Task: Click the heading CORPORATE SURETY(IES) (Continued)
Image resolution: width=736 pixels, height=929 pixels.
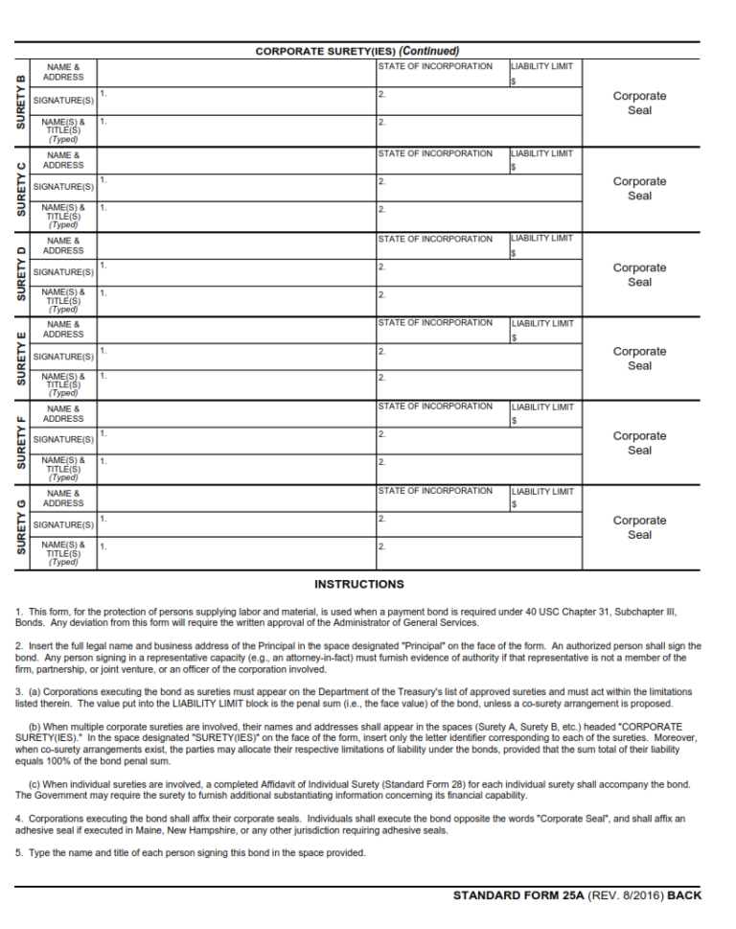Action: [356, 51]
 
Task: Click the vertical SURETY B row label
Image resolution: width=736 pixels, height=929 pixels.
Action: [21, 103]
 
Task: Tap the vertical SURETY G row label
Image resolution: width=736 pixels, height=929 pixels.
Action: [21, 527]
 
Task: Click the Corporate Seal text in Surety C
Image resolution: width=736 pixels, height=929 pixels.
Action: [639, 188]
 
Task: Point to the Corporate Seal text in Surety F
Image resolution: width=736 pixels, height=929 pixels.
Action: [639, 443]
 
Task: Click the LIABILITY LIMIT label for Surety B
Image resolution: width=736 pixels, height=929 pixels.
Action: [542, 67]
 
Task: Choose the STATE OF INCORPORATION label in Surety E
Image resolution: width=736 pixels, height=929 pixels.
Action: [435, 323]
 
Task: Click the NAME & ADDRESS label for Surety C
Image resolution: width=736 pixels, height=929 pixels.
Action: [63, 160]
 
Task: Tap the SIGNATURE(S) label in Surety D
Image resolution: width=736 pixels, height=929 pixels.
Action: [63, 272]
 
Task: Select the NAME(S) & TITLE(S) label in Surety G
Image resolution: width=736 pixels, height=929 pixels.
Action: [63, 553]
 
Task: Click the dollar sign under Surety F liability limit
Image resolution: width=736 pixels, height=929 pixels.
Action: [514, 421]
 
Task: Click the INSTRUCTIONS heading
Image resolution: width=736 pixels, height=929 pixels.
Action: [359, 584]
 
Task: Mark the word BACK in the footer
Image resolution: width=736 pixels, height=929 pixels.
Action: [684, 895]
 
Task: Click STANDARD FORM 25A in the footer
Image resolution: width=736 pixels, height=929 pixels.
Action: [515, 895]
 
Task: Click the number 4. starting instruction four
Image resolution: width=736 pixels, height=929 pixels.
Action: [19, 818]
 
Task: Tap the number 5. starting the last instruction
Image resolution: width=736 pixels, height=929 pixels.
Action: [19, 853]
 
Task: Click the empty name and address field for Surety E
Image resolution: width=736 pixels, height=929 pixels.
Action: [236, 330]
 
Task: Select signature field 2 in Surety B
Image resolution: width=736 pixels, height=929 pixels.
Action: [479, 102]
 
